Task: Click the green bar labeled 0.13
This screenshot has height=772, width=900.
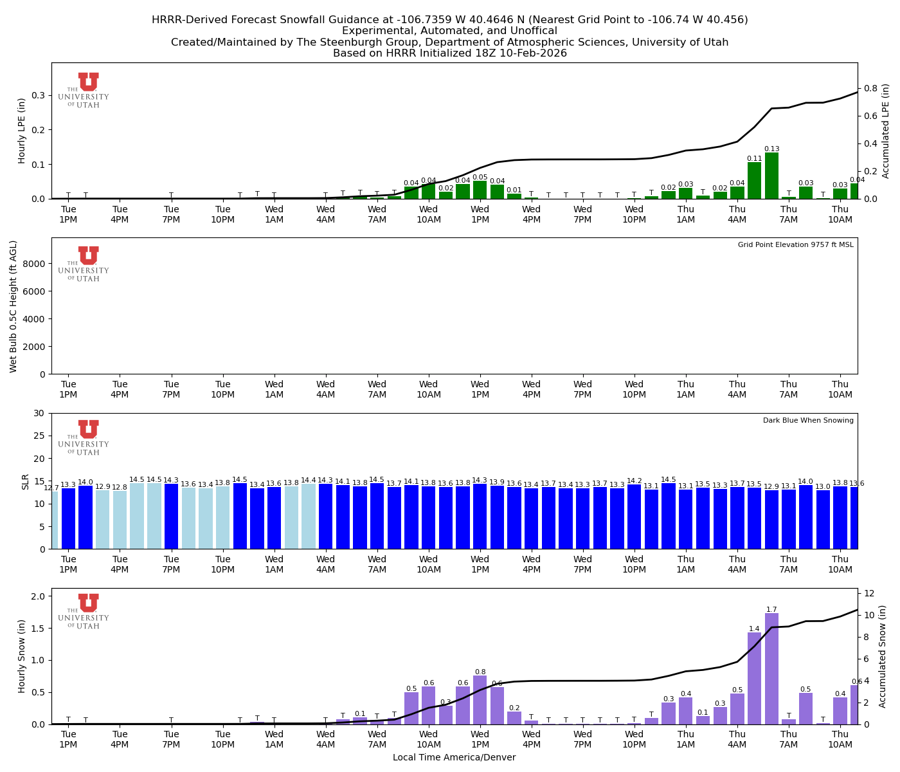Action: point(771,176)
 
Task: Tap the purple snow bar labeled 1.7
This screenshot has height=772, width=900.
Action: point(771,669)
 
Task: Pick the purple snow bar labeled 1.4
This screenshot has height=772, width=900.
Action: point(754,679)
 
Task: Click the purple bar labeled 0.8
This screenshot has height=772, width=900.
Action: point(480,700)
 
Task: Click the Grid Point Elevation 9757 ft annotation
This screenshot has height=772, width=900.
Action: point(795,245)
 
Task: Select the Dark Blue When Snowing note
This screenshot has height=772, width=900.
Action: point(808,421)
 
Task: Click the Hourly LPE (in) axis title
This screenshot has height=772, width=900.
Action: point(22,131)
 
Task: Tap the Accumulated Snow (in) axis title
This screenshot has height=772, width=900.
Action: point(883,656)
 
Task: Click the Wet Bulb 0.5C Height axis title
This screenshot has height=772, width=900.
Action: point(14,306)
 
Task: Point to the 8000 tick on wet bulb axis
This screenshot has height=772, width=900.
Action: point(35,264)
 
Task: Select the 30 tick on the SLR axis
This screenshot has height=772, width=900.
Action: point(40,413)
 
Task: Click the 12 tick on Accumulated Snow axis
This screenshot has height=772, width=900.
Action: point(868,593)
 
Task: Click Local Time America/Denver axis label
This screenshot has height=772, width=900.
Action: point(454,758)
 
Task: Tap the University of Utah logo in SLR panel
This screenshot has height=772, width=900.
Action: point(84,437)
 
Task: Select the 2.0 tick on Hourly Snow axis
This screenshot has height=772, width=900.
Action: point(38,596)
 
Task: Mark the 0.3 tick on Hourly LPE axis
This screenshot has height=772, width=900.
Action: point(38,95)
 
